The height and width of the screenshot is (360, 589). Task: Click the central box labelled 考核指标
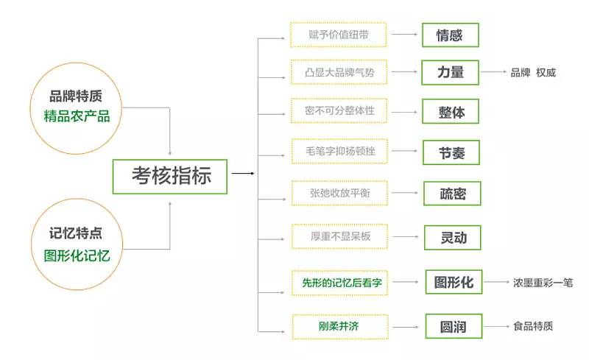pos(170,175)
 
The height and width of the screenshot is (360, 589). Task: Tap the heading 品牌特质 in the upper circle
pos(77,96)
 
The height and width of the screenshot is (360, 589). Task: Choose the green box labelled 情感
pos(451,35)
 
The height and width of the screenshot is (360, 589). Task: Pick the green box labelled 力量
pos(451,73)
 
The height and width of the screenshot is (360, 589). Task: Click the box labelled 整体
pos(451,112)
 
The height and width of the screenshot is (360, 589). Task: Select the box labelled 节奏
pos(451,152)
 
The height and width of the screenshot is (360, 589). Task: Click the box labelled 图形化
pos(454,282)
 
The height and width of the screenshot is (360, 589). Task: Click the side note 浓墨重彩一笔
pos(543,282)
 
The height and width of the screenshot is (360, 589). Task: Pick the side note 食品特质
pos(533,325)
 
